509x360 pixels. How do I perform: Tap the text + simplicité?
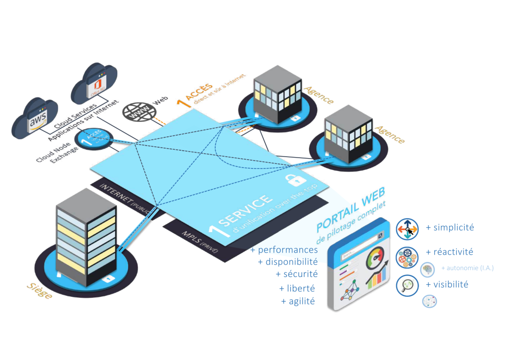[x=450, y=228]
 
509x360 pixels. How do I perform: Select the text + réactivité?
[x=449, y=252]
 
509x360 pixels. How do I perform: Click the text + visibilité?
[x=447, y=285]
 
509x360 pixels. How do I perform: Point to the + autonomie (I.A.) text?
[x=467, y=269]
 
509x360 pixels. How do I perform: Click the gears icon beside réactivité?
[x=407, y=258]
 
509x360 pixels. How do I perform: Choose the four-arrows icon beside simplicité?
[x=407, y=229]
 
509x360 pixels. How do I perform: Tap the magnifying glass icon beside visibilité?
[x=407, y=286]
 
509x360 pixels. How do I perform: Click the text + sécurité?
[x=296, y=273]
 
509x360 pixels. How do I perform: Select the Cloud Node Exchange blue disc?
[x=93, y=139]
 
